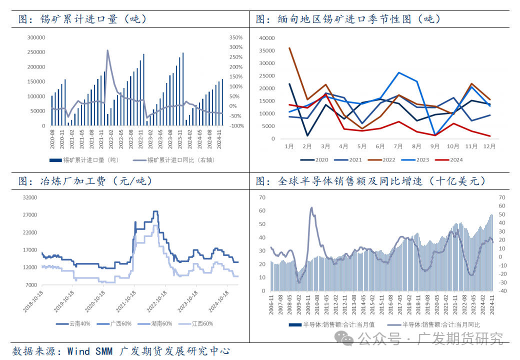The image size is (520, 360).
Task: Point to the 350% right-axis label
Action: (x=235, y=37)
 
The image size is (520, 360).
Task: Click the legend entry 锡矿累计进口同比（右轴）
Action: (x=183, y=160)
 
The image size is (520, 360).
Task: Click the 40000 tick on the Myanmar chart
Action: (x=267, y=38)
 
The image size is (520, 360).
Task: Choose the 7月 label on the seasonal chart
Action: (x=398, y=146)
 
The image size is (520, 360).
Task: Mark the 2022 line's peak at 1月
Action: (x=289, y=48)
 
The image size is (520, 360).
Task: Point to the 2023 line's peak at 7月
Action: (x=398, y=72)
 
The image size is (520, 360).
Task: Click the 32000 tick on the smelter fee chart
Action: (x=30, y=197)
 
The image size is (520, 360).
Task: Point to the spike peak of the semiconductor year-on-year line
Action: (x=311, y=207)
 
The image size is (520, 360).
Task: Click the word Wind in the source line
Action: (x=78, y=351)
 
